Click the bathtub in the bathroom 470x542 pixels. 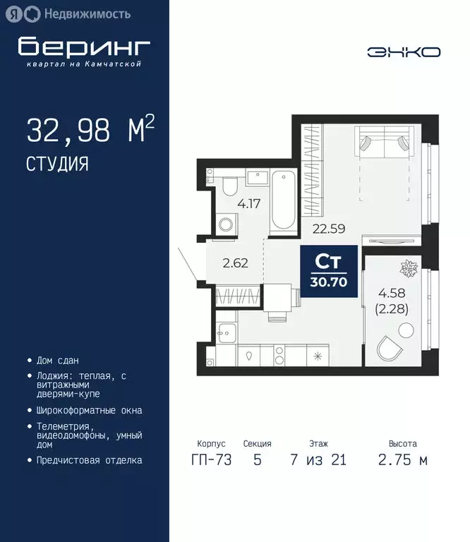pyautogui.click(x=284, y=200)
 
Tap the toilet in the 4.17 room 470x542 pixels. pyautogui.click(x=229, y=186)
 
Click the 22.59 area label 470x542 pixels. pyautogui.click(x=327, y=227)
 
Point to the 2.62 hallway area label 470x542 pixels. pyautogui.click(x=235, y=265)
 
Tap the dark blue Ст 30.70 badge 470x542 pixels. pyautogui.click(x=328, y=272)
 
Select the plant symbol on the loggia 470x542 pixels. pyautogui.click(x=409, y=268)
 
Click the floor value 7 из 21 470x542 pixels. pyautogui.click(x=318, y=460)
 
